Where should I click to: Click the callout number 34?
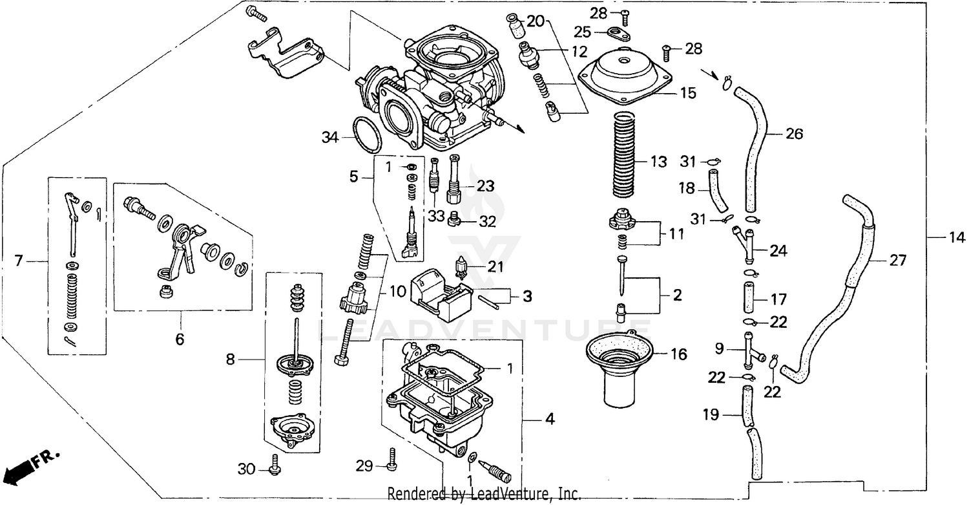[x=329, y=137]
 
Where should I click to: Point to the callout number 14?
[x=955, y=237]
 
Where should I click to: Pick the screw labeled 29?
[x=390, y=460]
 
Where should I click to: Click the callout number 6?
[x=180, y=338]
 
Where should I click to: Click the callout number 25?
[x=583, y=32]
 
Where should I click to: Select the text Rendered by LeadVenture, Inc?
[x=483, y=494]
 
